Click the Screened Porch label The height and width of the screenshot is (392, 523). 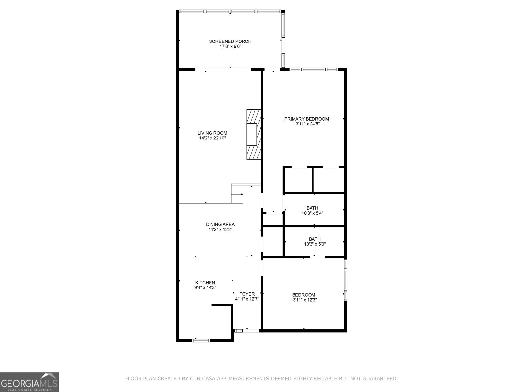pyautogui.click(x=230, y=41)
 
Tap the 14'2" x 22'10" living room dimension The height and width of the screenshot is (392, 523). pyautogui.click(x=212, y=138)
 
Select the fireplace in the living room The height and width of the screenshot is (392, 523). pyautogui.click(x=254, y=134)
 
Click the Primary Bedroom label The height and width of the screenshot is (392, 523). pyautogui.click(x=306, y=119)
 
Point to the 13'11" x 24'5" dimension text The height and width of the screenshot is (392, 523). pyautogui.click(x=306, y=124)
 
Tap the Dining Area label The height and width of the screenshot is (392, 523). pyautogui.click(x=220, y=224)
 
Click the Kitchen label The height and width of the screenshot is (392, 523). pyautogui.click(x=205, y=283)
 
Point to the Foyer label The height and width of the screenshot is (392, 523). pyautogui.click(x=247, y=294)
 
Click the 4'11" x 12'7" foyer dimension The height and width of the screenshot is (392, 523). pyautogui.click(x=247, y=299)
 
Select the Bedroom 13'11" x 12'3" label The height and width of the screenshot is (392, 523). pyautogui.click(x=304, y=297)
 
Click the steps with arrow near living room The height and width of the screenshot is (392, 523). pyautogui.click(x=237, y=194)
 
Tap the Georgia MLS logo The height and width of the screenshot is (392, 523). pyautogui.click(x=29, y=382)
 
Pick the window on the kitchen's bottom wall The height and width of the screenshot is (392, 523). pyautogui.click(x=201, y=341)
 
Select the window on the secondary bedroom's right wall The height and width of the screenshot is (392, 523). pyautogui.click(x=345, y=280)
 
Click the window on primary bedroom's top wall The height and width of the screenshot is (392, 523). pyautogui.click(x=313, y=69)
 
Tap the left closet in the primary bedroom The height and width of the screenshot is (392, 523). pyautogui.click(x=298, y=180)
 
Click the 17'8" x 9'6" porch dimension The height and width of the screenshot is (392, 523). pyautogui.click(x=230, y=47)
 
